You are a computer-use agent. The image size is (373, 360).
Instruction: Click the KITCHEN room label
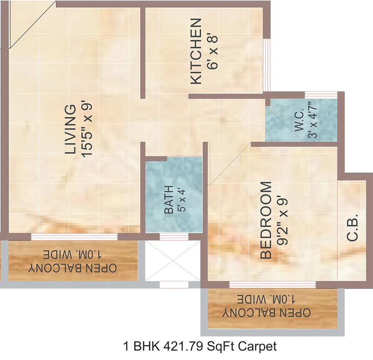click(196, 51)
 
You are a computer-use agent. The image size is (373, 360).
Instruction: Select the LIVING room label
click(70, 129)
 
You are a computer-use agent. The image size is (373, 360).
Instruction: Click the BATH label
click(169, 200)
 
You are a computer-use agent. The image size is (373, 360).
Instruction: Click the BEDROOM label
click(265, 220)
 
